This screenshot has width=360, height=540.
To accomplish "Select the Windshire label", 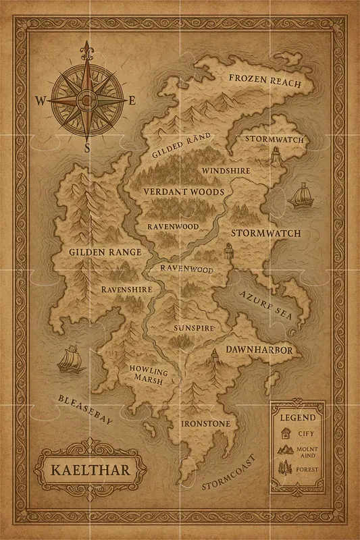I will pos(226,171).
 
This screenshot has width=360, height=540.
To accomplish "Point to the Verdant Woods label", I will pos(183,192).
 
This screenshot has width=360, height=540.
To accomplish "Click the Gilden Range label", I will pos(105,252).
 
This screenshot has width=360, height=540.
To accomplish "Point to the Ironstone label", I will pos(206,424).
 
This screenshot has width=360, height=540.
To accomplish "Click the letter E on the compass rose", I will pos(133,101).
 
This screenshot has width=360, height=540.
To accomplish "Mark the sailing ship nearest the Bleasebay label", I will pos(69,359).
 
